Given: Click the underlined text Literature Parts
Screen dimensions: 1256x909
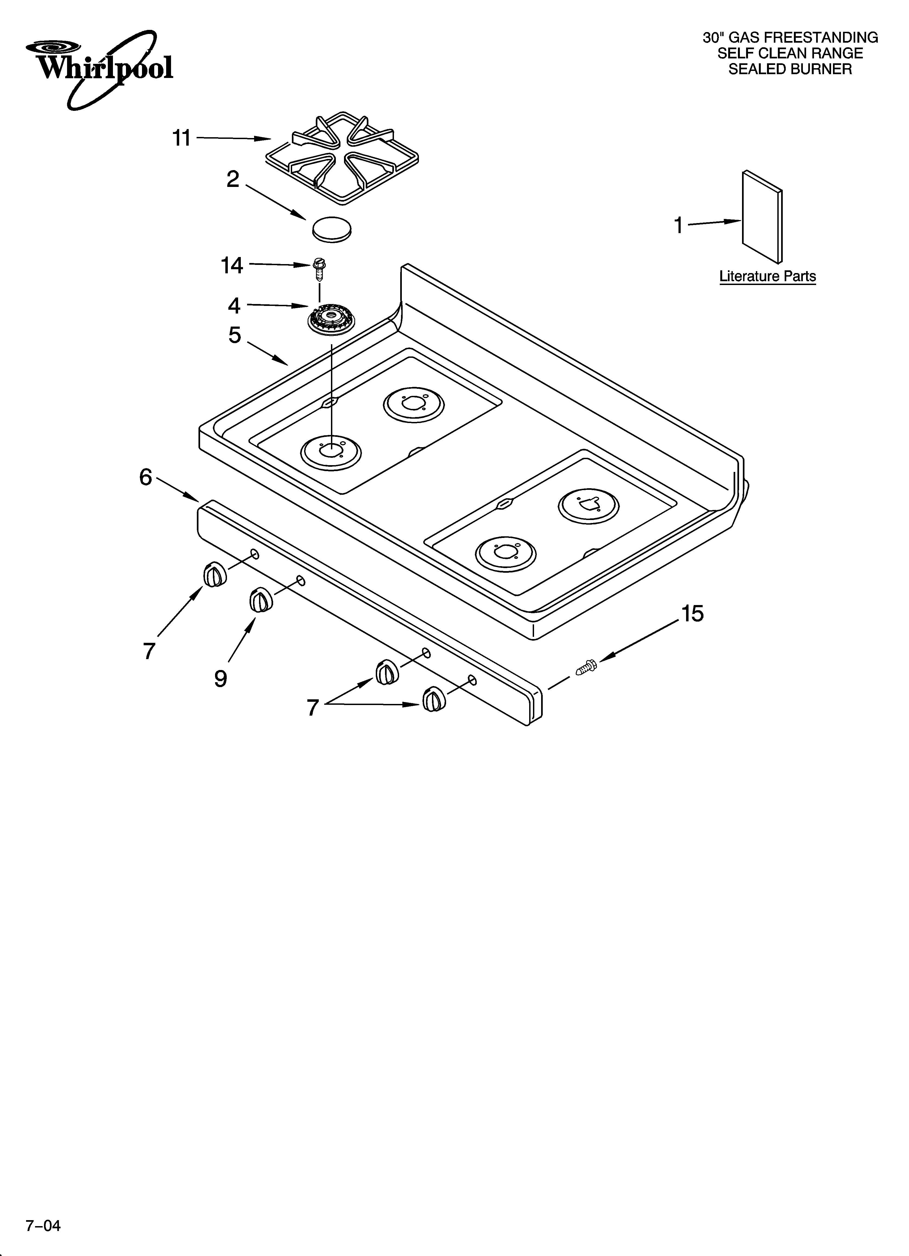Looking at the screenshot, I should pyautogui.click(x=767, y=276).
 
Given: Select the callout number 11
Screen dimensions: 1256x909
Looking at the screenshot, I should pyautogui.click(x=182, y=138).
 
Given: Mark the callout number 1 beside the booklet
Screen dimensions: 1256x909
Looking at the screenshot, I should pyautogui.click(x=678, y=225).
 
